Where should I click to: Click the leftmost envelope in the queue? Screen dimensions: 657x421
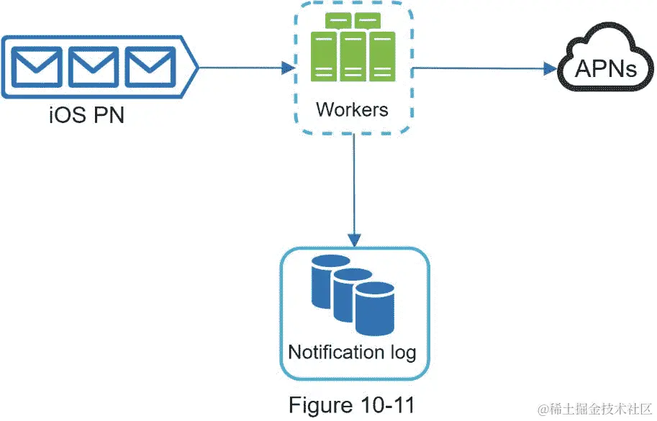(37, 67)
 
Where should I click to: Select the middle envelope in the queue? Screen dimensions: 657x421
(94, 67)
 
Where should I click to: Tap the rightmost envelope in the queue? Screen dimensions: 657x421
(150, 67)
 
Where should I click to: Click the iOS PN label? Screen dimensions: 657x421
(87, 114)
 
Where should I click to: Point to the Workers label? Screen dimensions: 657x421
(352, 109)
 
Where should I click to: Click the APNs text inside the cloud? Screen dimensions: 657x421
(605, 68)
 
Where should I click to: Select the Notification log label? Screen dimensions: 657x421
(352, 353)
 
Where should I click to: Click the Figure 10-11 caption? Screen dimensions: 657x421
(351, 405)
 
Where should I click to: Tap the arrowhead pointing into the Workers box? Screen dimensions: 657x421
(289, 68)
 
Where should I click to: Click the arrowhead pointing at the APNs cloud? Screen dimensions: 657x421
(550, 68)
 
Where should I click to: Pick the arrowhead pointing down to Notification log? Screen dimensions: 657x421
(355, 240)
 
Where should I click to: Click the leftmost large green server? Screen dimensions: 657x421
(324, 57)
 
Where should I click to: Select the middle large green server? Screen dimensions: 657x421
(353, 57)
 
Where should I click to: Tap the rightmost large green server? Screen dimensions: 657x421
(382, 57)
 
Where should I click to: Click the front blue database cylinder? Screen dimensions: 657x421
(375, 308)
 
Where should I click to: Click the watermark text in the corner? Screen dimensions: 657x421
(596, 409)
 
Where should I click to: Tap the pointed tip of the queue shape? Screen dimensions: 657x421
(198, 67)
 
